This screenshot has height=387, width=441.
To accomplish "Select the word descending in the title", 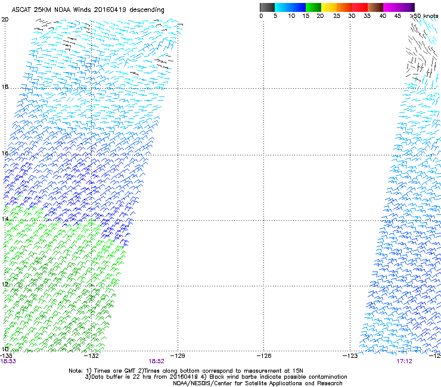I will coord(146,10).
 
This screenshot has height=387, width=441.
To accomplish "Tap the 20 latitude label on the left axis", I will coord(5,20).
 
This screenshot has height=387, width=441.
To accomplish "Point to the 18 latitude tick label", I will coord(5,87).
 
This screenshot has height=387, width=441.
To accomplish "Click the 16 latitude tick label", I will coord(5,154).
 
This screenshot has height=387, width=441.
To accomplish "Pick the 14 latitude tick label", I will coord(5,220).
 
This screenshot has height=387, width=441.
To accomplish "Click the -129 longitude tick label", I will coord(177,355).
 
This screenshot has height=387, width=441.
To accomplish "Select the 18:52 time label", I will coord(156,361).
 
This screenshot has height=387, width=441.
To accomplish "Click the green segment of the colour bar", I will coord(313,7).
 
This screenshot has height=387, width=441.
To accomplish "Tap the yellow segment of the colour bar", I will coord(330,7).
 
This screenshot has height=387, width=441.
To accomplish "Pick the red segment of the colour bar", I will coord(361,7).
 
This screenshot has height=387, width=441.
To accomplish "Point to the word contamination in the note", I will coord(322,377).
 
